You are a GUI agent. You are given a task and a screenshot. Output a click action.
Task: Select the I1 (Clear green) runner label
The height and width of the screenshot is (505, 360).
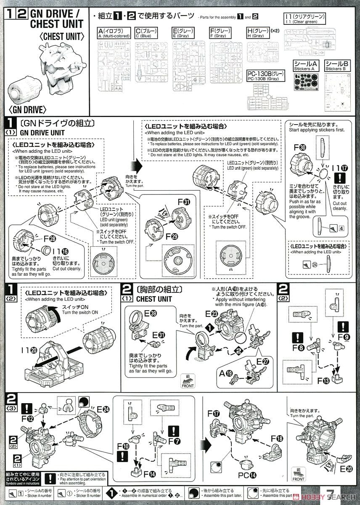click(x=299, y=19)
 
